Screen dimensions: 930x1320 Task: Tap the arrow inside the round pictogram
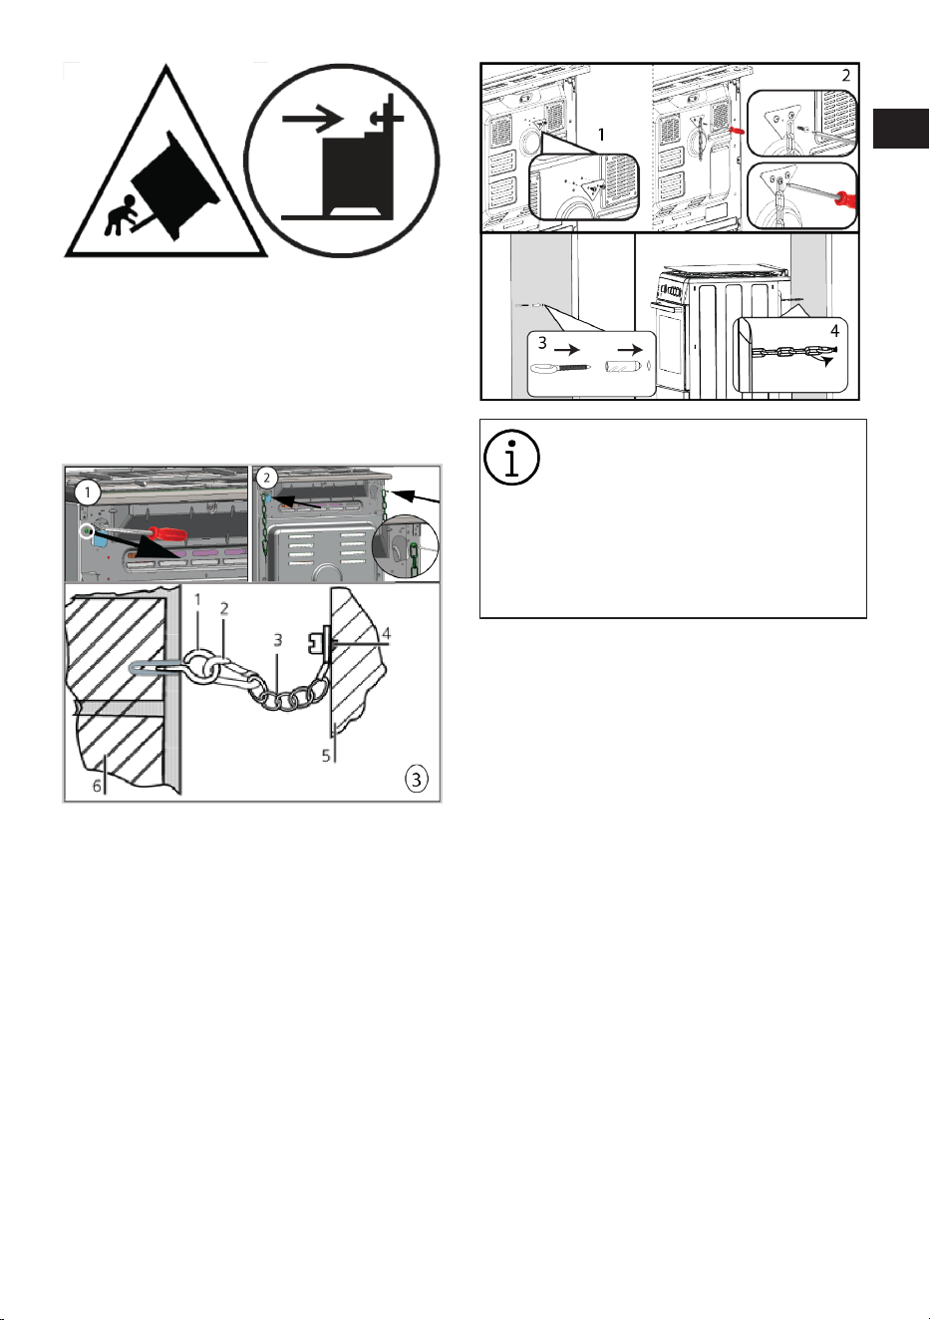pyautogui.click(x=312, y=119)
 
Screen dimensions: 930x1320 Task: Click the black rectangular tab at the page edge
pyautogui.click(x=900, y=129)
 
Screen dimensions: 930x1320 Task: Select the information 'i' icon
pyautogui.click(x=511, y=458)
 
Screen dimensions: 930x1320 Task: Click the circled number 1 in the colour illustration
pyautogui.click(x=88, y=493)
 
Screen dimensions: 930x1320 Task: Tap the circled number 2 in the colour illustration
pyautogui.click(x=266, y=478)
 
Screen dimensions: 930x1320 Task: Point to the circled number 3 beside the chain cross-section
pyautogui.click(x=416, y=779)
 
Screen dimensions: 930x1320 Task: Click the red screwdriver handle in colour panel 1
pyautogui.click(x=167, y=534)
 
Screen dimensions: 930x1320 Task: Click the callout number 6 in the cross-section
pyautogui.click(x=98, y=786)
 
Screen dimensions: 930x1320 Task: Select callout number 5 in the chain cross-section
pyautogui.click(x=326, y=756)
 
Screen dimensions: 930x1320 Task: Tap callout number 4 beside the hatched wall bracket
pyautogui.click(x=386, y=634)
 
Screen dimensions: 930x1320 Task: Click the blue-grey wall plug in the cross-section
pyautogui.click(x=148, y=668)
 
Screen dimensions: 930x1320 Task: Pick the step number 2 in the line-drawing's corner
pyautogui.click(x=846, y=76)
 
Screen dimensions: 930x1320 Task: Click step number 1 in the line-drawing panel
pyautogui.click(x=601, y=135)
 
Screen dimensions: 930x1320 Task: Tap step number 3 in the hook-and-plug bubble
pyautogui.click(x=542, y=342)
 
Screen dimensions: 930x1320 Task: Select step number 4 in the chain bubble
pyautogui.click(x=834, y=331)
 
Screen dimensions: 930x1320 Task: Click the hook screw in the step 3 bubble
pyautogui.click(x=560, y=368)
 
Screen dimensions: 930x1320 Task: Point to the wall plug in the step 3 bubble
pyautogui.click(x=621, y=366)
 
